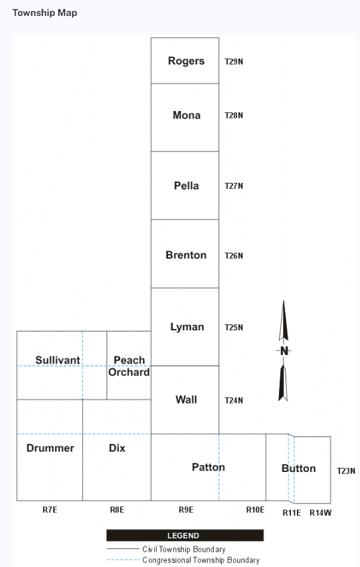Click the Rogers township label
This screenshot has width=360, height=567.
tap(186, 61)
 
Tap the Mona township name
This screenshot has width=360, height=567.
tap(187, 116)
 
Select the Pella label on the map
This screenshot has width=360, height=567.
tap(187, 186)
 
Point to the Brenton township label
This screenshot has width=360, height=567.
tap(186, 255)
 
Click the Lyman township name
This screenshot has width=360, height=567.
tap(187, 327)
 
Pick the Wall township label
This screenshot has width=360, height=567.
tap(186, 399)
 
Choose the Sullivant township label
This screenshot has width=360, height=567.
tap(58, 360)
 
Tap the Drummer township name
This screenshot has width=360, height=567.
tap(50, 448)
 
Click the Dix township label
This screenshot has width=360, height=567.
tap(117, 448)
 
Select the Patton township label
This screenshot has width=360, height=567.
tap(208, 467)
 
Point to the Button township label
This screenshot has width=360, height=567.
tap(298, 468)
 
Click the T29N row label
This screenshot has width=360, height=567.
tap(234, 61)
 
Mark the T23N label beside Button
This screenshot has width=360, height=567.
tap(346, 471)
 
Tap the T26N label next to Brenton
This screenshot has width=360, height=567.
tap(234, 256)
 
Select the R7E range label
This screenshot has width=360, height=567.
tap(50, 510)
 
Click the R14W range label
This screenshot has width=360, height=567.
tap(321, 512)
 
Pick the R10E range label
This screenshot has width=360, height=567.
tap(255, 510)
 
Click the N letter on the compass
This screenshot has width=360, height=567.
tap(284, 351)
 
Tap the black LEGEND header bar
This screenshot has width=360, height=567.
tap(185, 536)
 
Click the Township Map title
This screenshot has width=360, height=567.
tap(45, 13)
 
